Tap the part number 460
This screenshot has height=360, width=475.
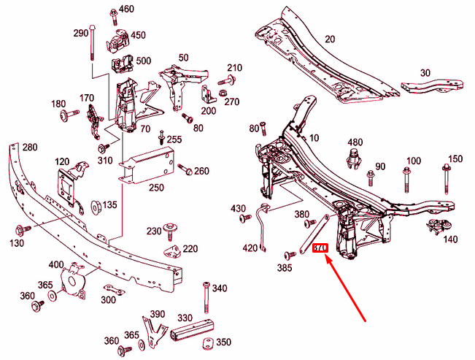pos(126,9)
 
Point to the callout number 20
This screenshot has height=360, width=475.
pos(329,39)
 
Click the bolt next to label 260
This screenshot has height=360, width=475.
pos(182,171)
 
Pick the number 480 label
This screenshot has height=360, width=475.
pos(355,142)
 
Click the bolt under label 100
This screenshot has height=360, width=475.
pos(406,178)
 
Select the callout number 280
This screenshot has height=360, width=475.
pos(29,148)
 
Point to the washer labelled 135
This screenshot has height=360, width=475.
pos(96,205)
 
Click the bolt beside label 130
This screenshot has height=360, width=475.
pos(20,229)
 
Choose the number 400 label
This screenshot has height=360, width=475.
pos(56,264)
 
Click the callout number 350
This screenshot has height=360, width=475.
pos(223,342)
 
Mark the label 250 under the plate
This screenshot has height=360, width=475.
pos(156,187)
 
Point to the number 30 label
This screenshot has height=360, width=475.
pos(425,72)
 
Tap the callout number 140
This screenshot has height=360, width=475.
pos(449,239)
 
